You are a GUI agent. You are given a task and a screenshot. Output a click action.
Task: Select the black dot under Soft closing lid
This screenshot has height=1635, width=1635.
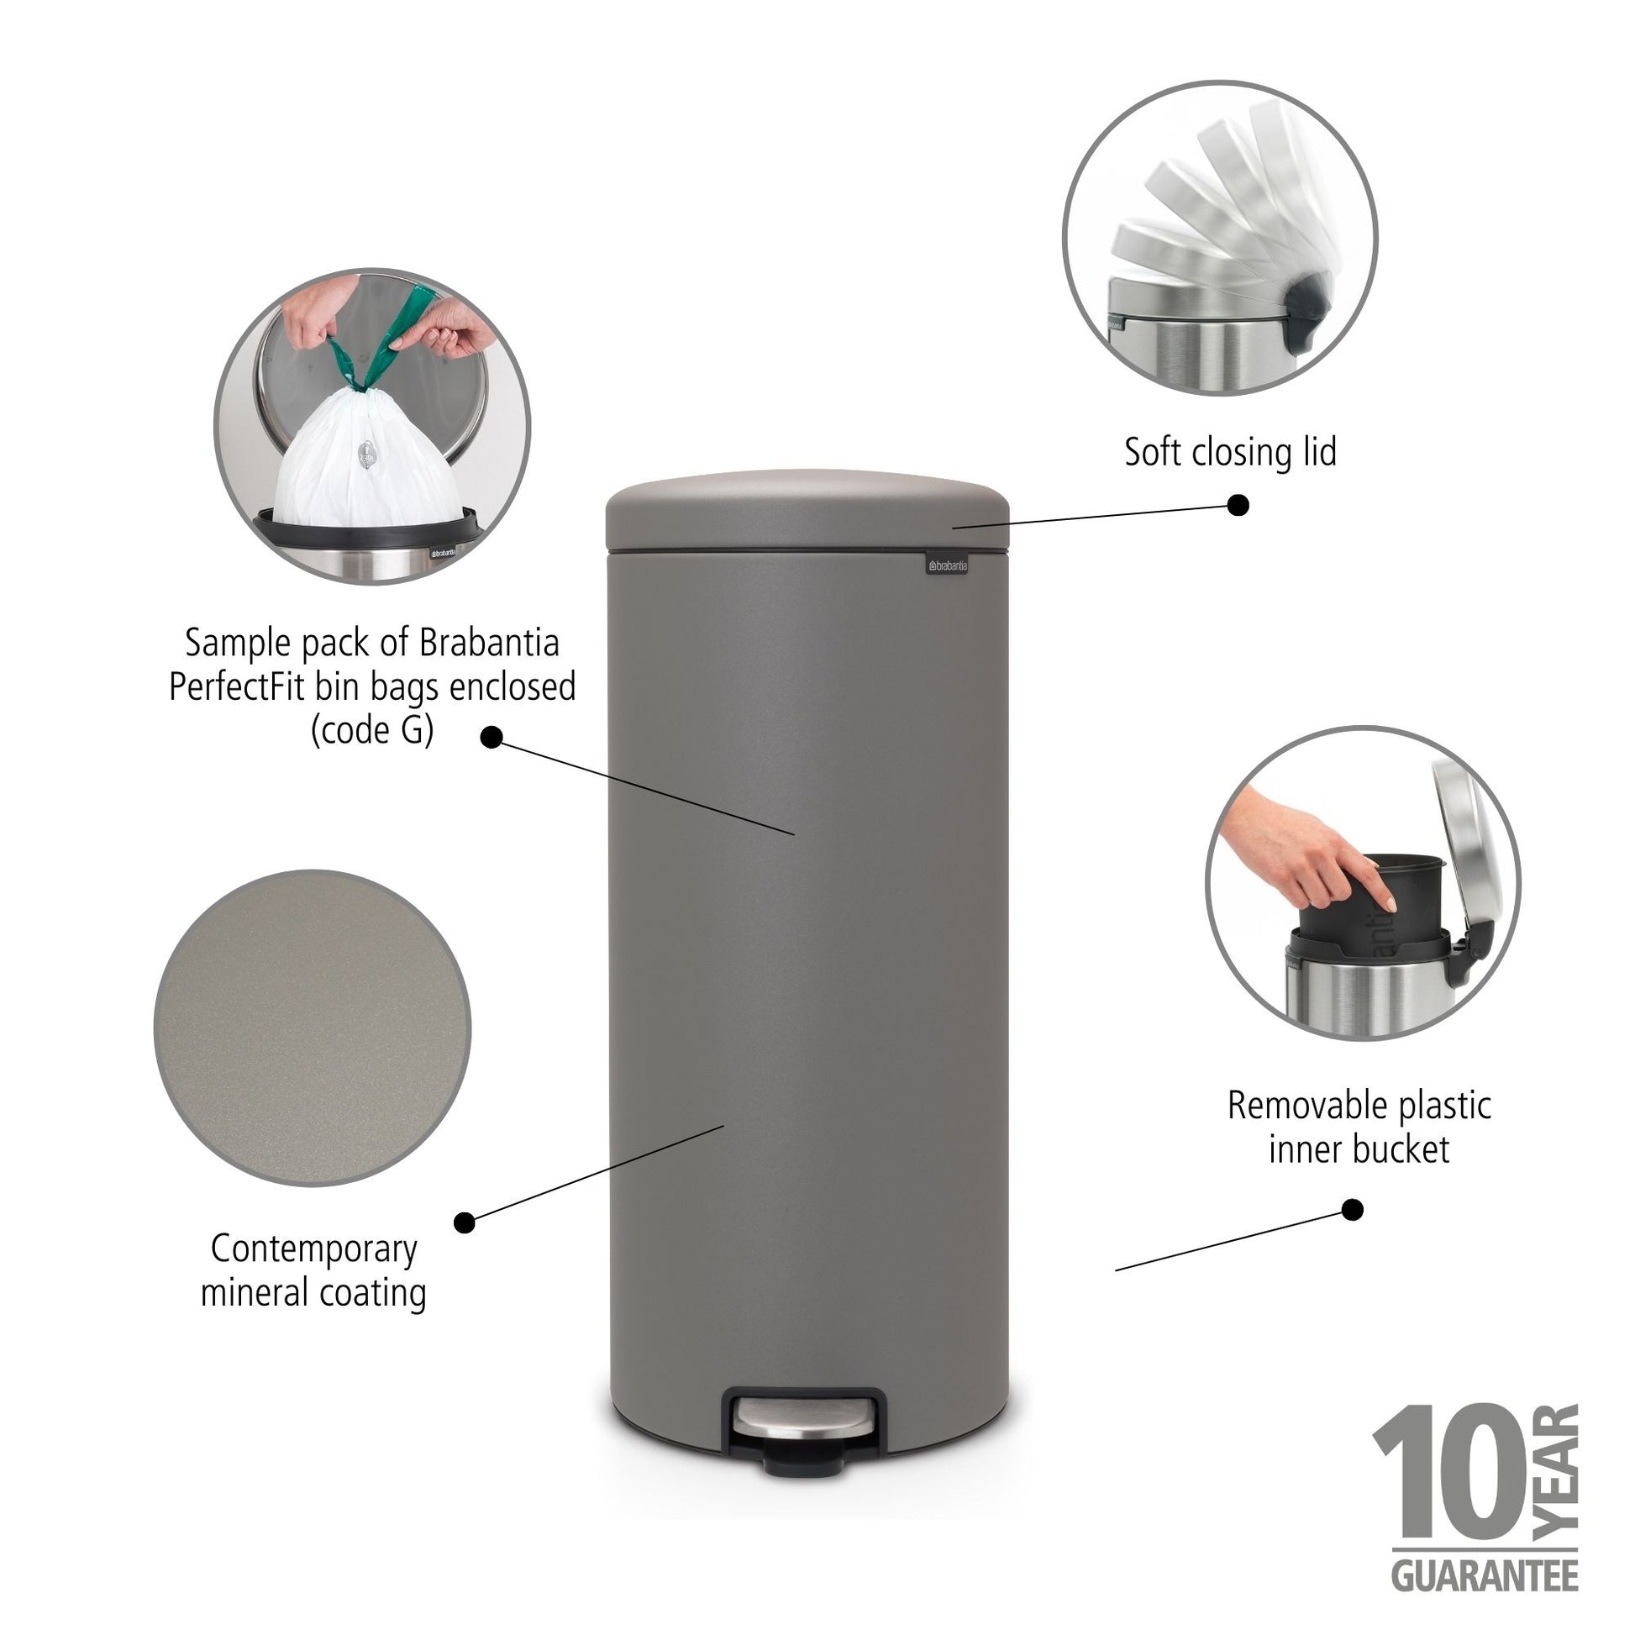(1238, 505)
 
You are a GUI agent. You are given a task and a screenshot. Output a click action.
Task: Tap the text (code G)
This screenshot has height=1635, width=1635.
(372, 730)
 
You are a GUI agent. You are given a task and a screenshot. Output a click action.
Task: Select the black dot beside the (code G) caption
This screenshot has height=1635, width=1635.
(491, 739)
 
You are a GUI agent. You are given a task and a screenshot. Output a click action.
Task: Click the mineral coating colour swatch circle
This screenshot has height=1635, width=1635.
(313, 1028)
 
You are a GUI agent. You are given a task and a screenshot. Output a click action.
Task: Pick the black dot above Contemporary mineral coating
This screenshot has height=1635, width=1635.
(465, 1222)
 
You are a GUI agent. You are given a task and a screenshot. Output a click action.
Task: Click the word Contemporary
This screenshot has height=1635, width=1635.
(314, 1249)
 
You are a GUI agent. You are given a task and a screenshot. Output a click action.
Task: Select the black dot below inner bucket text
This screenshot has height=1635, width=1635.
(1354, 1210)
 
